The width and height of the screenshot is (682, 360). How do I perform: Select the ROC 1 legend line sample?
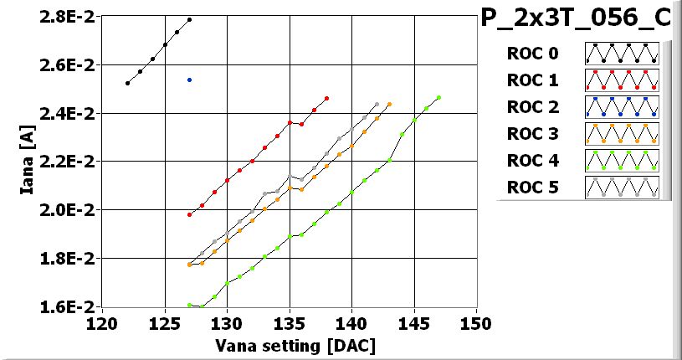coord(622,80)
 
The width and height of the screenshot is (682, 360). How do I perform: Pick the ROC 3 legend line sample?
coord(622,132)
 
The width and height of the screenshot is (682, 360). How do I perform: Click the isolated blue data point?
coord(190,80)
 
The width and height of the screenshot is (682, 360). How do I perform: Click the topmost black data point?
coord(190,19)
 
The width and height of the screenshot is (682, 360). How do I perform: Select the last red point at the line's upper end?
coord(326,98)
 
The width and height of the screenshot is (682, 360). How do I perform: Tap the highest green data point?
coord(438,97)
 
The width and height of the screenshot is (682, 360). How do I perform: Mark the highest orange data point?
coord(389,104)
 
